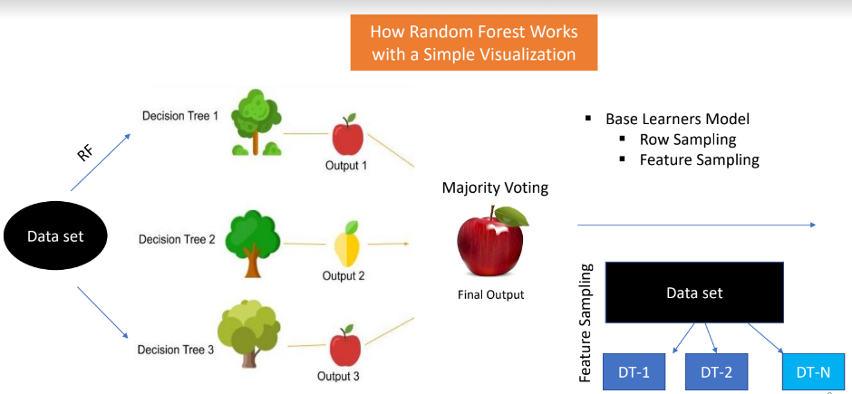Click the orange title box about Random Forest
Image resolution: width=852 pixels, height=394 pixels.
click(x=473, y=43)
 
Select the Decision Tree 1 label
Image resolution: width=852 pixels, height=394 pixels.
click(x=180, y=116)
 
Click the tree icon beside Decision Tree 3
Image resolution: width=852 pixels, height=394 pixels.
click(x=249, y=330)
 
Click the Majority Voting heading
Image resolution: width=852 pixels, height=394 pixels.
click(x=495, y=188)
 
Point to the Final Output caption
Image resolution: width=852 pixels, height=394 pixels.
click(x=490, y=294)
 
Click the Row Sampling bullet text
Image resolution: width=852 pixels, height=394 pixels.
click(x=687, y=139)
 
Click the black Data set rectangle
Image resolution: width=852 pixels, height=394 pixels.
click(x=695, y=293)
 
